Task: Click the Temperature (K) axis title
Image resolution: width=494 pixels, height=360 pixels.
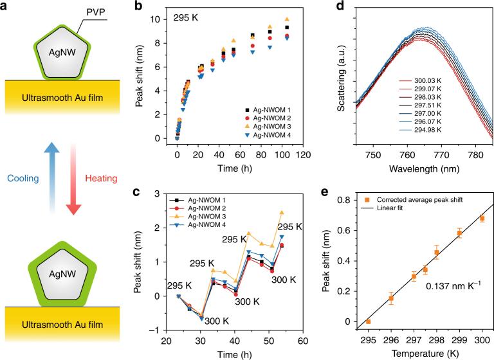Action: (x=425, y=352)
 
